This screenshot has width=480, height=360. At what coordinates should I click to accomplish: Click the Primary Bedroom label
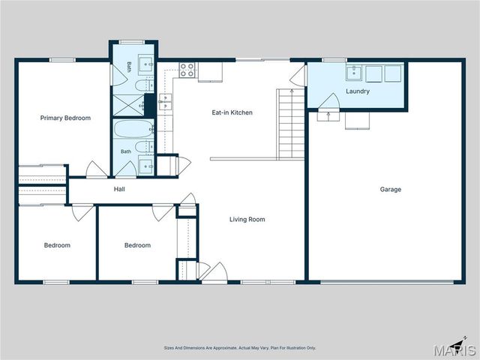pyautogui.click(x=65, y=118)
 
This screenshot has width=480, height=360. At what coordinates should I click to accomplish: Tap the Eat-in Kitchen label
pyautogui.click(x=232, y=112)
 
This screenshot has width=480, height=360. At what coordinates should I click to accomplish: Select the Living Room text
pyautogui.click(x=247, y=219)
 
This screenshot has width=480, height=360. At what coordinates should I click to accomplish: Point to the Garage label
pyautogui.click(x=390, y=190)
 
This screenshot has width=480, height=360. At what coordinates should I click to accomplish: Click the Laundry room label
pyautogui.click(x=358, y=91)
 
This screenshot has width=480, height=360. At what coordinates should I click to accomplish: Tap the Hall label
pyautogui.click(x=119, y=189)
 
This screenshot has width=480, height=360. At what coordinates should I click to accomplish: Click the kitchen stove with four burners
pyautogui.click(x=187, y=70)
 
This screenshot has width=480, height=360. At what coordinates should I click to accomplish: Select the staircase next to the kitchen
pyautogui.click(x=290, y=124)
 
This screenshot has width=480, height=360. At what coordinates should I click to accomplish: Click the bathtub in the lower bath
pyautogui.click(x=133, y=128)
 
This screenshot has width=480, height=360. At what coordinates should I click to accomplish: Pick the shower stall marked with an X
pyautogui.click(x=128, y=105)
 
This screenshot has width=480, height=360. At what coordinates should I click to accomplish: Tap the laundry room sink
pyautogui.click(x=354, y=73)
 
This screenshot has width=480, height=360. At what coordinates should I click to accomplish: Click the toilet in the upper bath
pyautogui.click(x=144, y=85)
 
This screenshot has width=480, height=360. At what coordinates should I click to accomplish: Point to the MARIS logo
pyautogui.click(x=454, y=349)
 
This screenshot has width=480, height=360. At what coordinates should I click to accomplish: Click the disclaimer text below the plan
pyautogui.click(x=240, y=348)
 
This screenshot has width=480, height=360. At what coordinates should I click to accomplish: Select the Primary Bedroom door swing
pyautogui.click(x=97, y=169)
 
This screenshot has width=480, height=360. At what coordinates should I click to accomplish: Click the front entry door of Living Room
pyautogui.click(x=214, y=272)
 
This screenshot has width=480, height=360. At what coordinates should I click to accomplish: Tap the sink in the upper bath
pyautogui.click(x=146, y=64)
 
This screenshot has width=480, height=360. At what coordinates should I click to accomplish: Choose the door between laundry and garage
pyautogui.click(x=329, y=101)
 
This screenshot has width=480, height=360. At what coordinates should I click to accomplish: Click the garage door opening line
pyautogui.click(x=387, y=282)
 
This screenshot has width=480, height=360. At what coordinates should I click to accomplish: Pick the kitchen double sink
pyautogui.click(x=165, y=102)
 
